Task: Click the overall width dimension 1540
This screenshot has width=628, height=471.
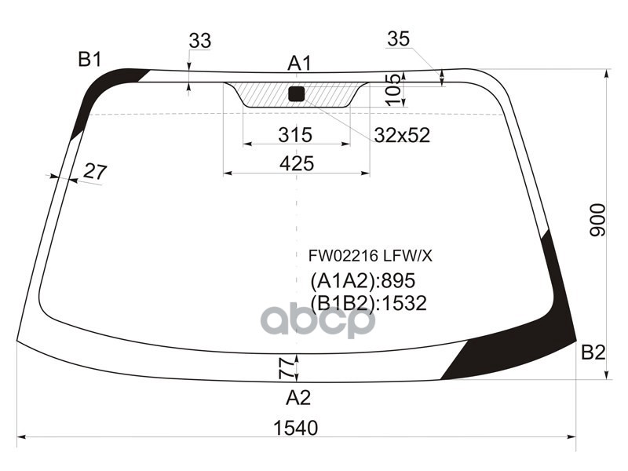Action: click(x=296, y=428)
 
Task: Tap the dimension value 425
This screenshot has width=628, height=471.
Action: click(x=296, y=163)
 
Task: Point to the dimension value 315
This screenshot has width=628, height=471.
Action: click(x=295, y=135)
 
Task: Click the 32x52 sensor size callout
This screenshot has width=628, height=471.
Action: click(x=401, y=135)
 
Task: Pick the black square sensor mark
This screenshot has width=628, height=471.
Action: click(x=296, y=94)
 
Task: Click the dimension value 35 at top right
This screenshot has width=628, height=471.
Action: click(x=399, y=38)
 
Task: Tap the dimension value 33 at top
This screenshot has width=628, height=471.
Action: click(x=199, y=42)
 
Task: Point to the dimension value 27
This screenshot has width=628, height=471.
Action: click(x=94, y=171)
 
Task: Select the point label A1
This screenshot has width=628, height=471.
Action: click(x=300, y=63)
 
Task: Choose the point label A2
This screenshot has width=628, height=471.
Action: click(x=298, y=398)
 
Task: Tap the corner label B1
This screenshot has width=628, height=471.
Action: click(x=89, y=59)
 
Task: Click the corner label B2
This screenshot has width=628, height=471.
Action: click(x=593, y=353)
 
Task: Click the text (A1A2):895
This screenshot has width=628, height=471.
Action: click(x=362, y=280)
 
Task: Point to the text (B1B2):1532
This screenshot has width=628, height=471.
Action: click(x=368, y=303)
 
